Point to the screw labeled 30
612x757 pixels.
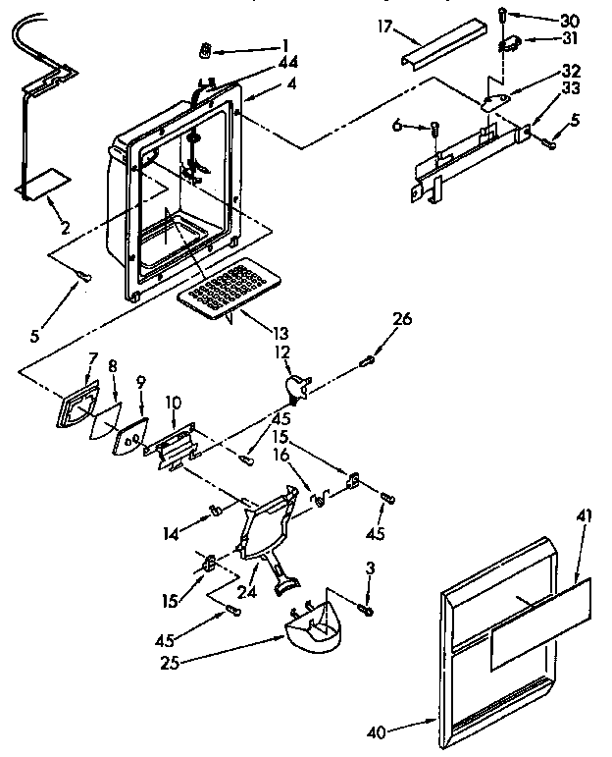coord(501,16)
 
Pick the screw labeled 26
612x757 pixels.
coord(370,360)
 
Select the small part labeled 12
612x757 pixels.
coord(295,385)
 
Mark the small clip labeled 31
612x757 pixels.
coord(509,44)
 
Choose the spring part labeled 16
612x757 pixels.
coord(317,498)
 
